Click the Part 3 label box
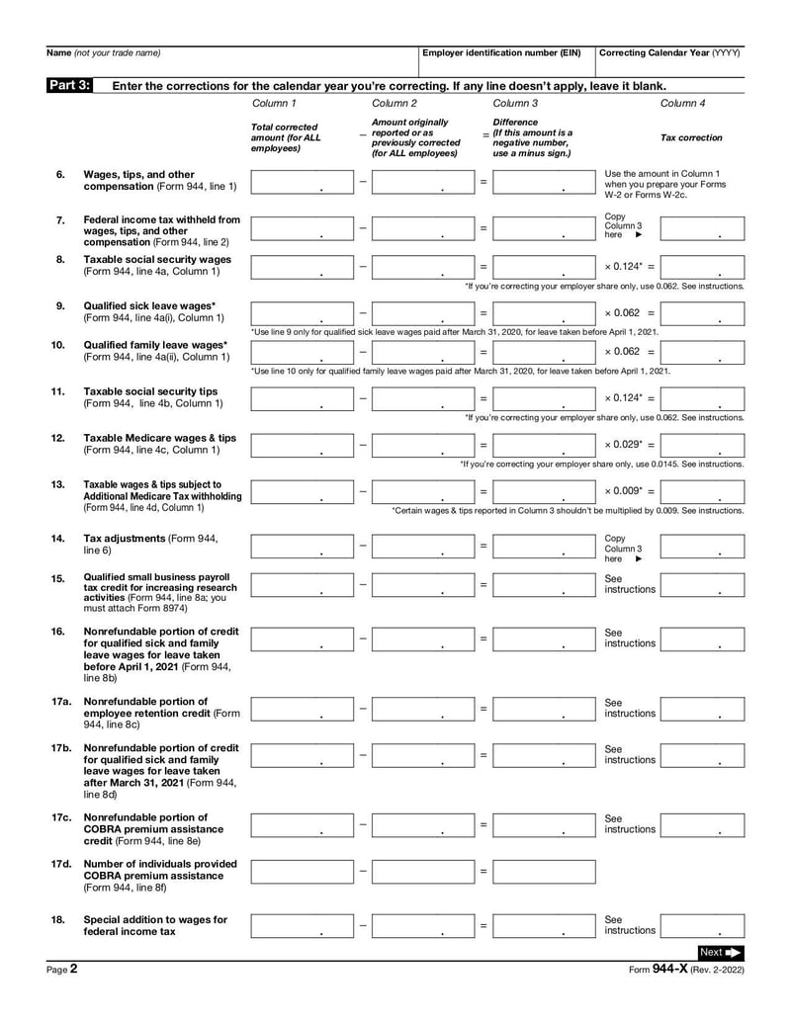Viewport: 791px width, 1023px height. tap(69, 85)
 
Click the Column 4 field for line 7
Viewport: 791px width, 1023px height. tap(702, 227)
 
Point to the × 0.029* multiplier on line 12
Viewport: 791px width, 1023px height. tap(629, 445)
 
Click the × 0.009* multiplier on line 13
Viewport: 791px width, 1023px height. tap(629, 491)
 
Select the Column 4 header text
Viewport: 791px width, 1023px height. tap(682, 103)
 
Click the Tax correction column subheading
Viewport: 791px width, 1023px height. tap(691, 138)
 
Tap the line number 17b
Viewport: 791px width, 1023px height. tap(60, 748)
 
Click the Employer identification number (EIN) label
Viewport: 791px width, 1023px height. tap(501, 52)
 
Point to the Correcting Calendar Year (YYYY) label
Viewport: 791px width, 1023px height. tap(669, 52)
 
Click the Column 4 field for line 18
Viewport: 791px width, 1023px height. tap(702, 925)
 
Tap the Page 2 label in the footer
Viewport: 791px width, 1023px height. tap(62, 971)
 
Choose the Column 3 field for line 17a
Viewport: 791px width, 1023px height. tap(544, 708)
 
